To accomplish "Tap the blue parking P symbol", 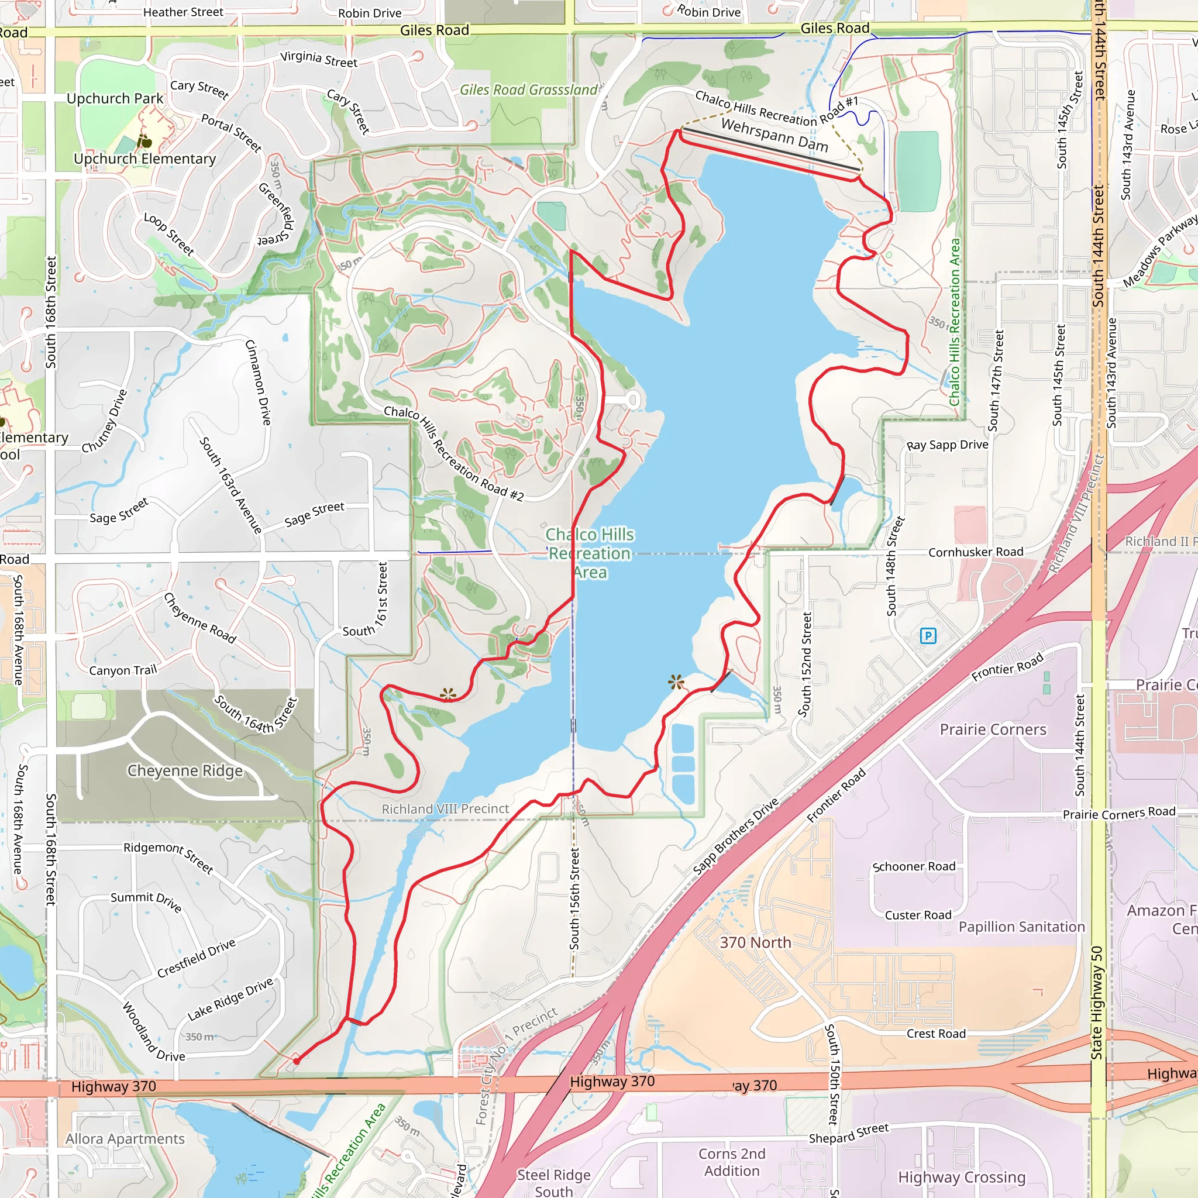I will click(928, 636).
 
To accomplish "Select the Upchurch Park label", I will click(115, 99).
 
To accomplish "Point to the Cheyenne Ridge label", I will click(185, 770).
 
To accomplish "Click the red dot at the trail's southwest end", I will click(297, 1061).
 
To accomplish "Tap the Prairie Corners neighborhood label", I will click(993, 729).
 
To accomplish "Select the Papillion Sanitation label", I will click(1021, 927).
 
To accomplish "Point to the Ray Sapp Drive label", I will click(947, 445).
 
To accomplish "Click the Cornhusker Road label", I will click(975, 552).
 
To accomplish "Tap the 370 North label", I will click(755, 942).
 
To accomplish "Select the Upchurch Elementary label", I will click(144, 159).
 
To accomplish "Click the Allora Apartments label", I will click(125, 1138).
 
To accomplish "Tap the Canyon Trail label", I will click(123, 670).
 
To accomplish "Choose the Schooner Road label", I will click(913, 866).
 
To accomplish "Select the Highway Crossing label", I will click(961, 1176).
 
